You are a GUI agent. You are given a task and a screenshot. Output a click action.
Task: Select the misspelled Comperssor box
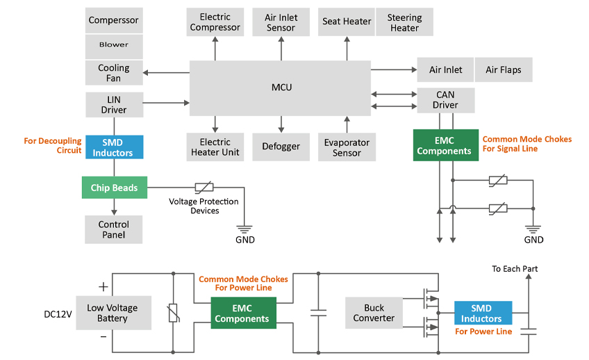[114, 20]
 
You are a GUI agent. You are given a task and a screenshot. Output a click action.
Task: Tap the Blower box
[114, 45]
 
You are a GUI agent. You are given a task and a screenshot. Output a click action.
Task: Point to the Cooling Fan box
[114, 73]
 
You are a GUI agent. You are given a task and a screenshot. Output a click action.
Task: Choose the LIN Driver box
[114, 104]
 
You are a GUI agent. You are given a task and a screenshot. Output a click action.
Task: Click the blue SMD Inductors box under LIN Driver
[114, 147]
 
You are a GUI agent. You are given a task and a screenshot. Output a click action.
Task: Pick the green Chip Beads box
[114, 188]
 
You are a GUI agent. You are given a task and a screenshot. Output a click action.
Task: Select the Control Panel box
[114, 229]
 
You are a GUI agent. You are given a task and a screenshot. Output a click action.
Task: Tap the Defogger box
[281, 147]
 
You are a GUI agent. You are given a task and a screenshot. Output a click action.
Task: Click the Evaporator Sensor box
[347, 147]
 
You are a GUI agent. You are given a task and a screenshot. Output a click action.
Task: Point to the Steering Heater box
[404, 22]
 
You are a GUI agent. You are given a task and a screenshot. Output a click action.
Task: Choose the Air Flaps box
[503, 70]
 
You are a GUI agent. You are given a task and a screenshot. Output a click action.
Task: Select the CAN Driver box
[445, 100]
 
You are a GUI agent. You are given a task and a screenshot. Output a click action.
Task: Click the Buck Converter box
[374, 313]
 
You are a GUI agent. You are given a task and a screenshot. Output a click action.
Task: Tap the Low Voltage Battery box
[113, 313]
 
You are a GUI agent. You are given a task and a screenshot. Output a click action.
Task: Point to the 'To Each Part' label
[515, 269]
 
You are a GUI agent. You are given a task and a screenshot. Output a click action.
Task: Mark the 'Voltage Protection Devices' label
[204, 206]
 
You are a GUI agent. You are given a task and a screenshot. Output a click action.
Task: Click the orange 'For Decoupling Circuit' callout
[53, 145]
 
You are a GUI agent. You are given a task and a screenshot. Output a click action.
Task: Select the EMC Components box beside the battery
[242, 313]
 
